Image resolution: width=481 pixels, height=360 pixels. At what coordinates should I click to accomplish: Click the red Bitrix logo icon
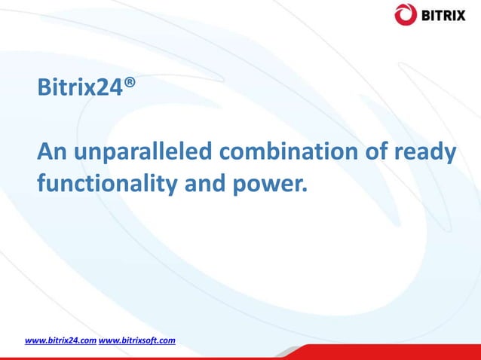click(405, 14)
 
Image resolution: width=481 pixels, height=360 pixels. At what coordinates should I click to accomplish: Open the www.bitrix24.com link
click(60, 340)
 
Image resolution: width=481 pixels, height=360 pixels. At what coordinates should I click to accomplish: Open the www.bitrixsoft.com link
click(137, 340)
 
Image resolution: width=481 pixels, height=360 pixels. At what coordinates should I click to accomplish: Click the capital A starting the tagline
click(46, 154)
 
